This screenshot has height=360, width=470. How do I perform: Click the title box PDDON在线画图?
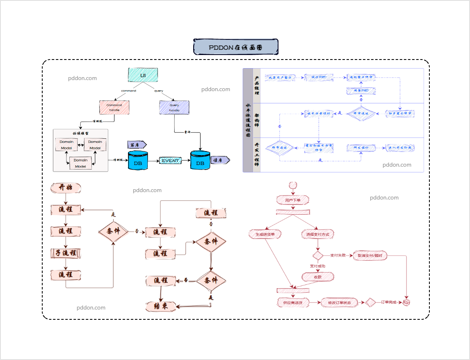(x=236, y=47)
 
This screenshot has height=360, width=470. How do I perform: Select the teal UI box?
(x=143, y=75)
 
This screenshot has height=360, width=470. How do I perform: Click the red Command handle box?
(x=114, y=108)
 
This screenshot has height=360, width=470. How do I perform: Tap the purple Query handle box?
(x=174, y=108)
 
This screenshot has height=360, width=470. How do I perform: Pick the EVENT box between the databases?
(x=170, y=161)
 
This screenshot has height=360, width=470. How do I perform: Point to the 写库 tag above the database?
(x=137, y=145)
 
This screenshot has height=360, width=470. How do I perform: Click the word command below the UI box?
(x=128, y=91)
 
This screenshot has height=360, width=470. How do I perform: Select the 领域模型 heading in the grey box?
(x=80, y=133)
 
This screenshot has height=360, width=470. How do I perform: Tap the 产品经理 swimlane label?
(x=257, y=85)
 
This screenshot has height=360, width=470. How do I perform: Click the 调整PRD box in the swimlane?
(x=361, y=90)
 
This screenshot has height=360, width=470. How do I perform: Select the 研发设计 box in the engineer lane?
(x=361, y=148)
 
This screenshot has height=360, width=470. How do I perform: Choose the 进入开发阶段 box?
(x=400, y=148)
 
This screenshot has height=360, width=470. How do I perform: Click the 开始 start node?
(x=66, y=188)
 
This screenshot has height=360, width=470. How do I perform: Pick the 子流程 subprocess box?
(x=66, y=253)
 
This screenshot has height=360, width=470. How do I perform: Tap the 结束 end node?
(x=161, y=306)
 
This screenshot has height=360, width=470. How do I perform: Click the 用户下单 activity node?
(x=292, y=200)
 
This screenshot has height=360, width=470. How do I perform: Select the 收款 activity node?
(x=318, y=277)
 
